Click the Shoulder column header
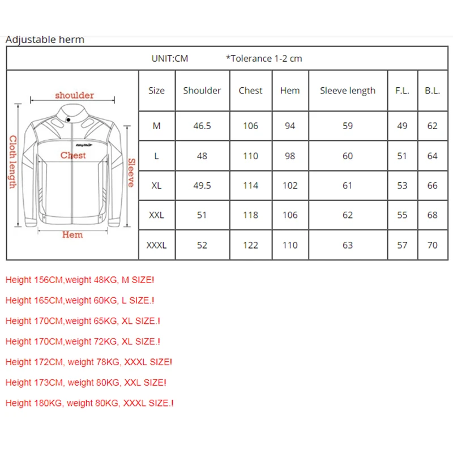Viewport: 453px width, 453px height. (x=202, y=91)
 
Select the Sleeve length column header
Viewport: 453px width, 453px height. (x=348, y=91)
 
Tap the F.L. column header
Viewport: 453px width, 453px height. (x=402, y=91)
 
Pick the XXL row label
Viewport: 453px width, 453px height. (x=156, y=215)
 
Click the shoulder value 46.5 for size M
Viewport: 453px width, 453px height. (x=202, y=126)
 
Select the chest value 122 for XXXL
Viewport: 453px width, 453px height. (x=250, y=245)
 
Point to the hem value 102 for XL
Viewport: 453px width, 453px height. (x=290, y=185)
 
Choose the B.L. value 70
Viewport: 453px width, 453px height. (x=432, y=245)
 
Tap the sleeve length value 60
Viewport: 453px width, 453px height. (x=348, y=156)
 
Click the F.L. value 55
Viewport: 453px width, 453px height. (x=402, y=215)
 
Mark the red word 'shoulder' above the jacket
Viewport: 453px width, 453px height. (x=75, y=95)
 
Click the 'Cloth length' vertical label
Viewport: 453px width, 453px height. (x=12, y=162)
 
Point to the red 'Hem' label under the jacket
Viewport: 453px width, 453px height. (x=72, y=234)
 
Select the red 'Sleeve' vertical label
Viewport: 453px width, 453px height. (x=131, y=173)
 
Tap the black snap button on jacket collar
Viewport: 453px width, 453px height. (x=68, y=119)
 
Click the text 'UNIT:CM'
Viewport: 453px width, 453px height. (x=169, y=58)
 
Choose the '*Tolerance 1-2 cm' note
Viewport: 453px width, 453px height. (x=264, y=58)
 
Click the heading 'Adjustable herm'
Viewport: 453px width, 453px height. (x=45, y=39)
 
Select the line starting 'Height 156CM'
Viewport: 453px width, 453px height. (x=80, y=280)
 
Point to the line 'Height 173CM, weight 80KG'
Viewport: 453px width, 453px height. (x=86, y=383)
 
